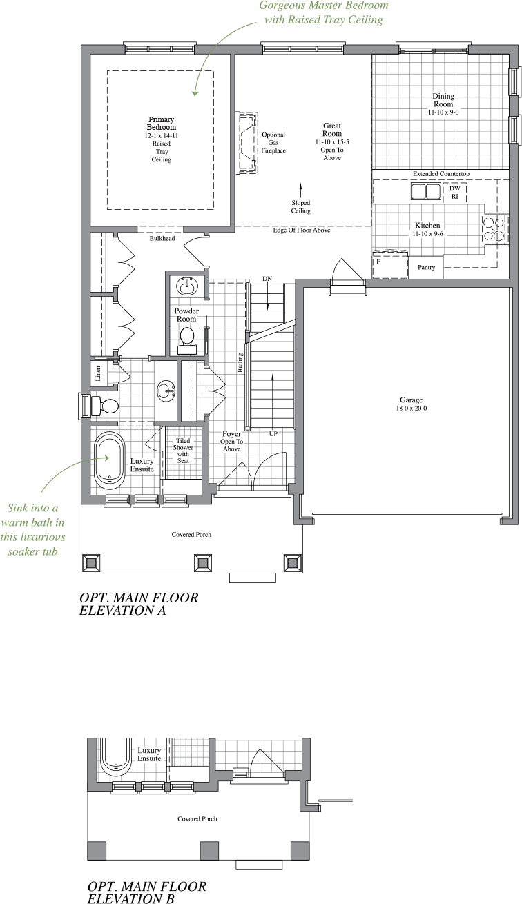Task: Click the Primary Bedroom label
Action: click(162, 124)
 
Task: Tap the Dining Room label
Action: click(443, 100)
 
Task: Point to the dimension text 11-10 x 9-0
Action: click(443, 112)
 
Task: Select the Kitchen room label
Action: click(427, 226)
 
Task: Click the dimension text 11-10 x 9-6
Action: click(427, 234)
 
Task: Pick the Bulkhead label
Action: click(162, 239)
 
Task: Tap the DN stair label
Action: click(268, 278)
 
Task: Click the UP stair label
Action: click(273, 434)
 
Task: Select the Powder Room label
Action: click(186, 315)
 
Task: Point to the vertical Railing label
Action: click(240, 363)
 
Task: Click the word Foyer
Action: click(231, 435)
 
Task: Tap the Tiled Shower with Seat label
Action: click(183, 451)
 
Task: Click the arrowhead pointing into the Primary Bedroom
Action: click(195, 93)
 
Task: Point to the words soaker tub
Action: click(35, 551)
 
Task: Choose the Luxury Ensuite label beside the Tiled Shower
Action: click(142, 465)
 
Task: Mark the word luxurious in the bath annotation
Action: click(41, 537)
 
